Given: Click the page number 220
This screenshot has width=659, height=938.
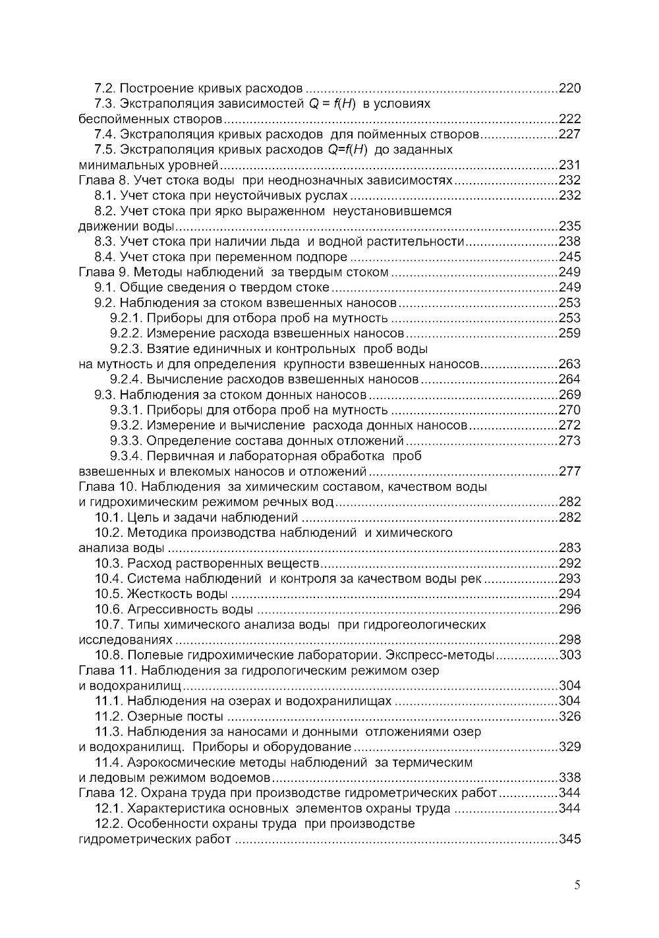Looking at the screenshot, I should tap(569, 88).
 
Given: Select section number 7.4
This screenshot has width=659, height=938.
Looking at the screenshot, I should tap(105, 134).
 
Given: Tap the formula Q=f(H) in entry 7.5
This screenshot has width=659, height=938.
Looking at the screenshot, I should tap(347, 150).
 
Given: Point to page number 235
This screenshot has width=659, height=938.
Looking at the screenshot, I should tap(569, 227).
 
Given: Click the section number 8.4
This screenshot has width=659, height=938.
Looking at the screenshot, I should tap(105, 257).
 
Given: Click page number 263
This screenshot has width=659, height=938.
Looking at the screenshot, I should tap(569, 364).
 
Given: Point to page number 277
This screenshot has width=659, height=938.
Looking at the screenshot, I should tap(569, 472).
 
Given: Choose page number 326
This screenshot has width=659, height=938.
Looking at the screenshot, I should tap(569, 717).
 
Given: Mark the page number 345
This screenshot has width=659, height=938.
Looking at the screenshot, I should tap(569, 839).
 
